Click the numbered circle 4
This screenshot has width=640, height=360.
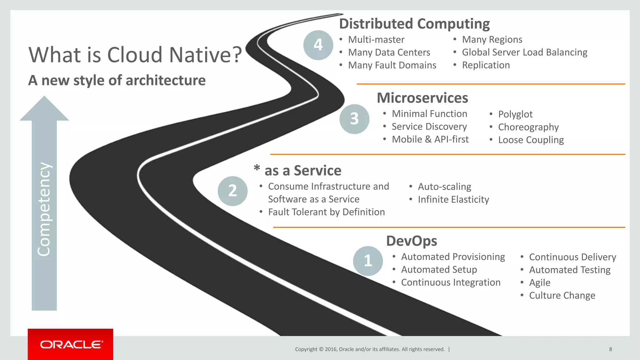tap(318, 45)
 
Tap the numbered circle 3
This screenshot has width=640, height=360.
tap(354, 119)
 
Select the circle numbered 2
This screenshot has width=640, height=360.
tap(232, 191)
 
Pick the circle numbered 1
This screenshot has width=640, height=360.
tap(368, 261)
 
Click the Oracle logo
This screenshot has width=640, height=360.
tap(71, 344)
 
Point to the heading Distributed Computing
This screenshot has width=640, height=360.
tap(414, 24)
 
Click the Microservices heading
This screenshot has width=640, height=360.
tap(422, 98)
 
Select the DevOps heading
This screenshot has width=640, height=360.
tap(412, 241)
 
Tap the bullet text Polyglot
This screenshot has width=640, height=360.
tap(515, 114)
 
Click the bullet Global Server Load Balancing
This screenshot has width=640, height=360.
tap(524, 52)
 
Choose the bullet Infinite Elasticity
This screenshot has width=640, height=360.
tap(453, 199)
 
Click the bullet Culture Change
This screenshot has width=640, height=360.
tap(562, 295)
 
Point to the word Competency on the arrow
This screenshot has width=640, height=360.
tap(44, 209)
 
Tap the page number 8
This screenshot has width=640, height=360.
tap(610, 349)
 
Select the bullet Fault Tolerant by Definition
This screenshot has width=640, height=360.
tap(326, 212)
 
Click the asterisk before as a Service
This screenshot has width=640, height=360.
tap(257, 168)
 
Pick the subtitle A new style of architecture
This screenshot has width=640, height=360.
tap(117, 80)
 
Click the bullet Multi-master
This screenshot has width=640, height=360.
tap(376, 40)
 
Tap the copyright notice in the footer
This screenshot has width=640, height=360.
tap(370, 349)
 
